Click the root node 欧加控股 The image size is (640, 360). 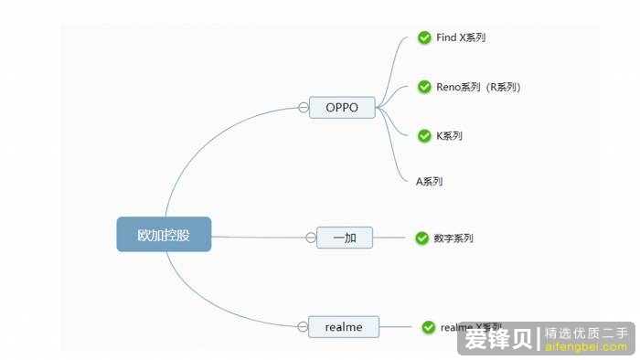tap(164, 234)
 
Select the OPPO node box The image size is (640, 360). tap(343, 108)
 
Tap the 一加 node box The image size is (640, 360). tap(345, 238)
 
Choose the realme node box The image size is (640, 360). tap(344, 326)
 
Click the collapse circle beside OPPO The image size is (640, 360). tap(304, 108)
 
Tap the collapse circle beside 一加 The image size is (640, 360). tap(311, 238)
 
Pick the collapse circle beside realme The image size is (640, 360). tap(303, 326)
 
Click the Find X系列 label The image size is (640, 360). tap(461, 37)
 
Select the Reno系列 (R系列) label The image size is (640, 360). tap(478, 87)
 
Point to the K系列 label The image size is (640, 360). tap(449, 135)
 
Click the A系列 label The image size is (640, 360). tap(430, 181)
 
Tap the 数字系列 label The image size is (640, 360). tap(453, 238)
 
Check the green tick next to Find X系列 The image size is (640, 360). tap(424, 37)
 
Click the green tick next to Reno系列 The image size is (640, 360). tap(424, 87)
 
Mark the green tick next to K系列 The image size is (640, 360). tap(424, 135)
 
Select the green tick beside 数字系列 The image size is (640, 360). tap(421, 238)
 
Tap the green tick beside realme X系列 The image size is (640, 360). tap(428, 326)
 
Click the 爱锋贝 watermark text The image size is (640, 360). tap(499, 339)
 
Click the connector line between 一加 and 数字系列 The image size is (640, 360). tap(392, 238)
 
